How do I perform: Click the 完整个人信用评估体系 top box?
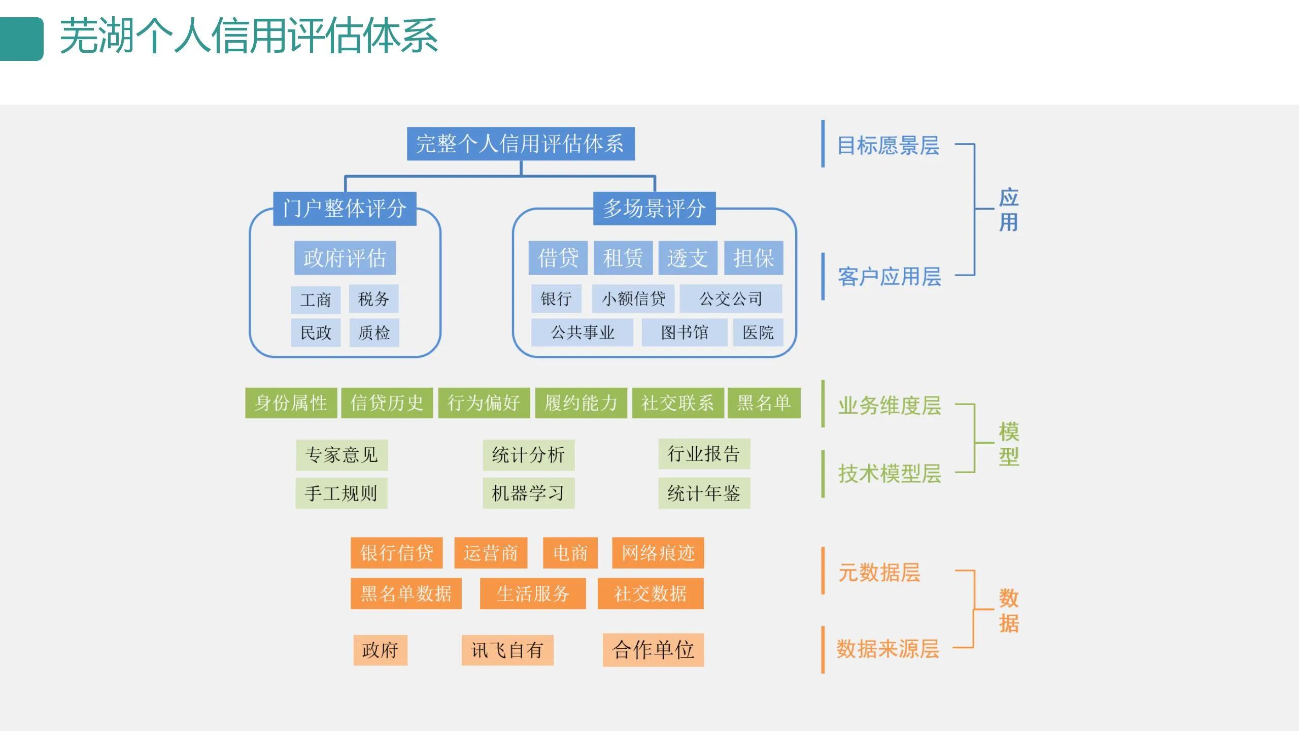point(521,144)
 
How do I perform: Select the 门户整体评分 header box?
point(345,209)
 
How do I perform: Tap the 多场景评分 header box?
point(654,209)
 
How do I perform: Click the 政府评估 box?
point(345,258)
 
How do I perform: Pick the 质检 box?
point(374,333)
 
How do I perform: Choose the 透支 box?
point(688,258)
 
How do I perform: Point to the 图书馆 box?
point(684,333)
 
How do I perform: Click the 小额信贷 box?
point(633,299)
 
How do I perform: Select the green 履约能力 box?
point(580,403)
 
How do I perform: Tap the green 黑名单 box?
point(764,403)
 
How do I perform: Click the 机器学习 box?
point(528,493)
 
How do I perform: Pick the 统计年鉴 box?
point(704,493)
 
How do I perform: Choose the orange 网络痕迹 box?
point(658,553)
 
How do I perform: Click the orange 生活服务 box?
point(533,593)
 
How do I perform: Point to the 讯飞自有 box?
point(507,650)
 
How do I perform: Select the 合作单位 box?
point(653,650)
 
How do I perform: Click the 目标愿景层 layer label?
point(888,146)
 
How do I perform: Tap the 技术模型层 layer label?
point(889,474)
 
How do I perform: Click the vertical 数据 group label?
point(1009,611)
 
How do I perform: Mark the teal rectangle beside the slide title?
point(21,39)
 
